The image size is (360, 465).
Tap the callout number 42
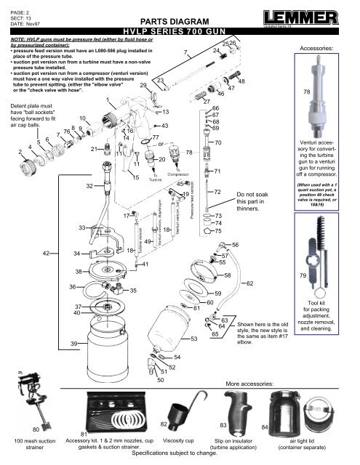47,253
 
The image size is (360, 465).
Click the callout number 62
250,283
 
